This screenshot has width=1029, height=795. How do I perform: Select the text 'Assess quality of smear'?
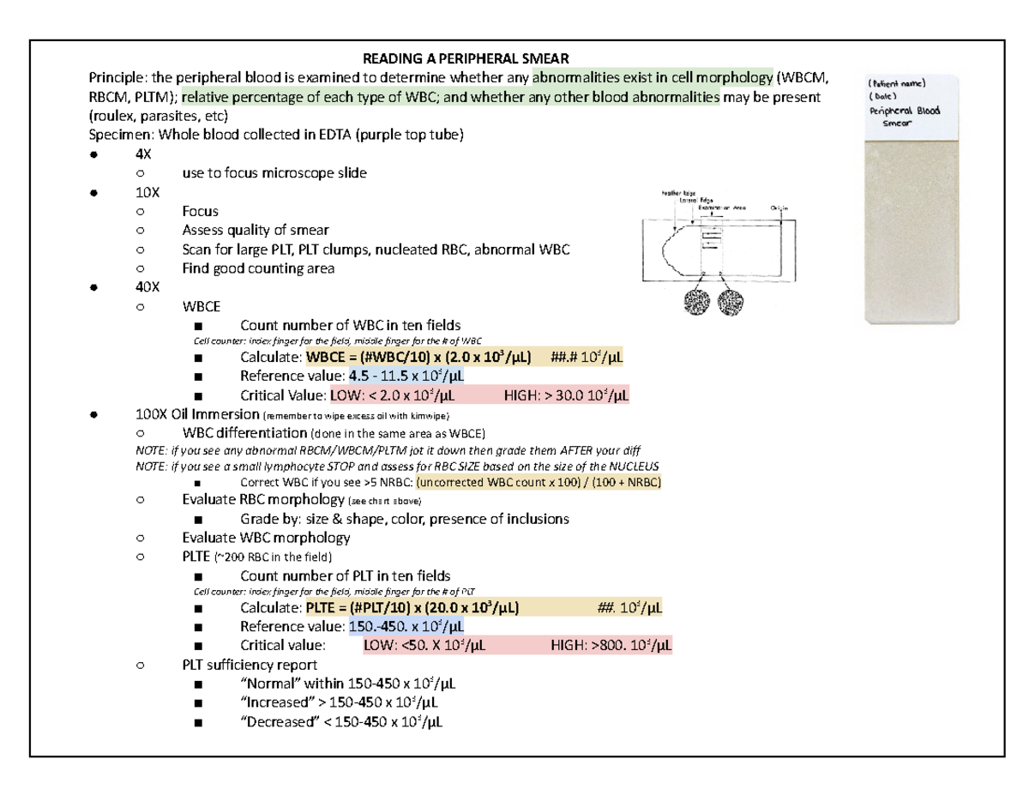point(255,230)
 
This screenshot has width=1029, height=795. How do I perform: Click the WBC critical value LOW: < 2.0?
point(392,395)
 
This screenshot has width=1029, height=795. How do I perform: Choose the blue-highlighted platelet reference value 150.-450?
point(406,626)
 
